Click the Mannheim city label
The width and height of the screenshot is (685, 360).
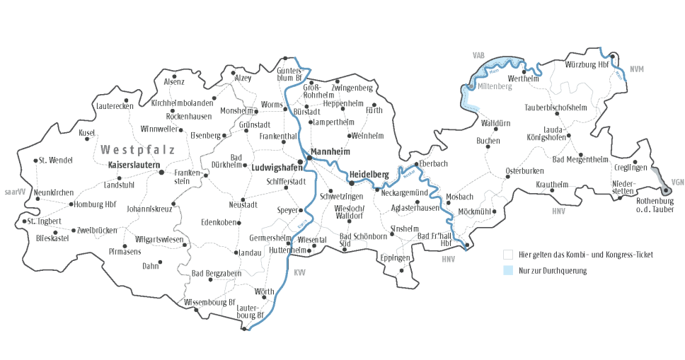[333, 151]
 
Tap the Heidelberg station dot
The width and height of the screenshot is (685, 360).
[352, 183]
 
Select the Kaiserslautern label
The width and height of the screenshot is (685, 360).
[131, 165]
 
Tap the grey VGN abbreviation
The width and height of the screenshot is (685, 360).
[677, 180]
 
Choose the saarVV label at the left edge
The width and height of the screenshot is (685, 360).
[14, 192]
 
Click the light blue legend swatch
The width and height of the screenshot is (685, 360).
[507, 270]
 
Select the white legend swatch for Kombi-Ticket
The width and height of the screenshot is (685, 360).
[507, 254]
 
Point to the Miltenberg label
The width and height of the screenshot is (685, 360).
[494, 86]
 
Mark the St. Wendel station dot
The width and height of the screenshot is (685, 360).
[35, 161]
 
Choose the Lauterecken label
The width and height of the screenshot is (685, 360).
[113, 106]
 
